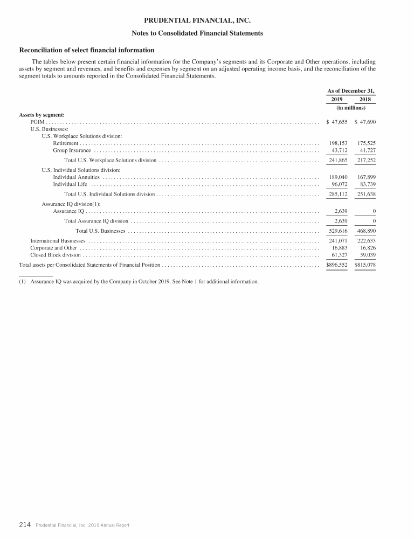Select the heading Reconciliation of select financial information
coord(87,50)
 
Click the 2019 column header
coord(336,100)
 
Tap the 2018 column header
coord(365,100)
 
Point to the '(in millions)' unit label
coord(350,108)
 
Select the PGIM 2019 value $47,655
coord(337,122)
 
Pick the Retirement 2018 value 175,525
coord(366,143)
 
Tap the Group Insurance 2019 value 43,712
coord(338,150)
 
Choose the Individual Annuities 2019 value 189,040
coord(338,177)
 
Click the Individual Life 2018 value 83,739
coord(366,184)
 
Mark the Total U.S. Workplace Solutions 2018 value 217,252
coord(366,160)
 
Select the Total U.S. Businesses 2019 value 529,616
coord(338,231)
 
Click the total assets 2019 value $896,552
coord(337,265)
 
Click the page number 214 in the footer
coord(25,524)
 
